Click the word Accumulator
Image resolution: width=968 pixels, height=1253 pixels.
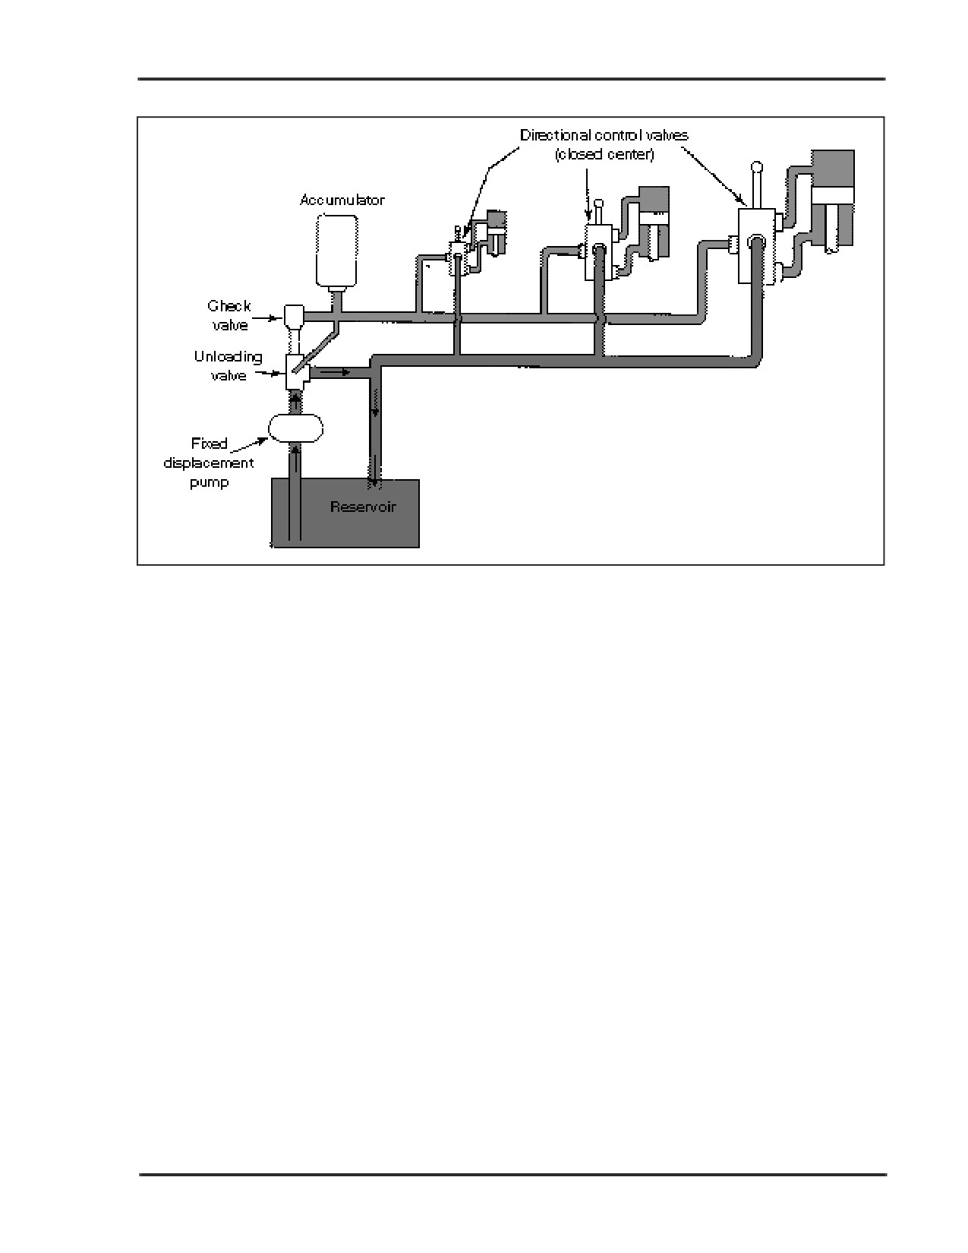click(x=342, y=200)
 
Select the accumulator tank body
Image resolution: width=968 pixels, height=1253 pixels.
click(x=337, y=251)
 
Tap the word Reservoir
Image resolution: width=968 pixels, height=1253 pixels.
click(x=363, y=507)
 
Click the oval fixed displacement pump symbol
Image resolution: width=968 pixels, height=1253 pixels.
click(x=296, y=428)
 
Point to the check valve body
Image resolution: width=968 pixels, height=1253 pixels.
click(x=294, y=315)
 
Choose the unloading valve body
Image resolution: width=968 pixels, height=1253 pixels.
click(x=297, y=373)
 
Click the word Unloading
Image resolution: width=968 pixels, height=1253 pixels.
click(x=229, y=358)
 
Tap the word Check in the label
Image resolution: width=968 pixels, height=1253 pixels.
click(x=229, y=305)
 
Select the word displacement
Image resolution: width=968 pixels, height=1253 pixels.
click(x=209, y=463)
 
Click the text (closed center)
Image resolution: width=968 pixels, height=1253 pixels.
click(x=604, y=154)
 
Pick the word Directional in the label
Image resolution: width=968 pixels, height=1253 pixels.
click(x=556, y=135)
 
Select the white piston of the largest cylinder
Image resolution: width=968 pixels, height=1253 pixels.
click(x=833, y=194)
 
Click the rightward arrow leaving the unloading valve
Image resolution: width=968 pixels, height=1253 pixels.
click(x=334, y=373)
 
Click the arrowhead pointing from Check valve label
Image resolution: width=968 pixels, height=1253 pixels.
click(x=279, y=317)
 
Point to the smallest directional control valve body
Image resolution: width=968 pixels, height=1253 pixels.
click(x=459, y=257)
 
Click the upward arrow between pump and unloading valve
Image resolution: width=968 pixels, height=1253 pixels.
click(x=296, y=402)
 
